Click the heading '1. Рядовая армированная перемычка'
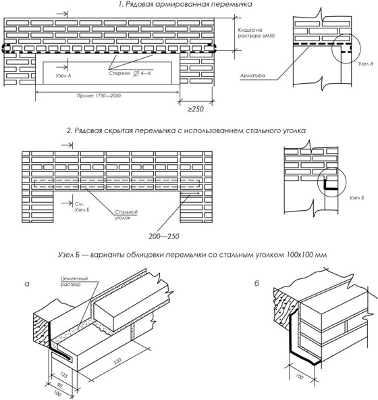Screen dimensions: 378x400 tap(186, 4)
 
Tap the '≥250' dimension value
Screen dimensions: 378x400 tap(196, 109)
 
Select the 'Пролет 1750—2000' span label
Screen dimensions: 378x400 tap(99, 96)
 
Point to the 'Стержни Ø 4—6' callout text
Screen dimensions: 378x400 tap(130, 74)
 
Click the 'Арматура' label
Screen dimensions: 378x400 tap(252, 76)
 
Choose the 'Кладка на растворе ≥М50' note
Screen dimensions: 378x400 tap(256, 33)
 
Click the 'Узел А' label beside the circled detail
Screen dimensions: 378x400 tap(365, 64)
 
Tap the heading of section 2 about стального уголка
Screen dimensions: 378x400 tap(186, 130)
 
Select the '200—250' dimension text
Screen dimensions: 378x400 tap(164, 236)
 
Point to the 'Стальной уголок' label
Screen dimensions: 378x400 tap(126, 215)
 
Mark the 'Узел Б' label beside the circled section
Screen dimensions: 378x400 tap(356, 198)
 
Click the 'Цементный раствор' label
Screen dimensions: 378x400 tap(74, 281)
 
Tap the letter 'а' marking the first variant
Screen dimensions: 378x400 tap(27, 284)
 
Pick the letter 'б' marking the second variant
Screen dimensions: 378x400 tap(256, 283)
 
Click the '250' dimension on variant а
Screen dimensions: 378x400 tap(117, 361)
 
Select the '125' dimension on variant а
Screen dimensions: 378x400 tap(64, 375)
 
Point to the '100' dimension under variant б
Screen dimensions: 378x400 tap(300, 376)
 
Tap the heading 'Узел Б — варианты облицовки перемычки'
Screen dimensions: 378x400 tap(192, 255)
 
